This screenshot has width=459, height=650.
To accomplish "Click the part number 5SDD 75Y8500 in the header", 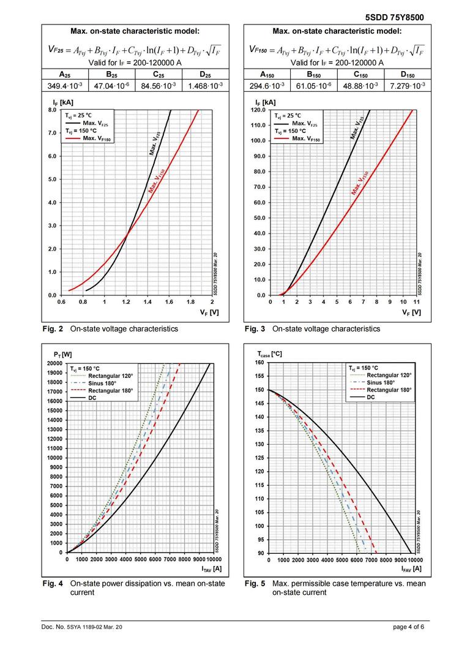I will click(394, 17).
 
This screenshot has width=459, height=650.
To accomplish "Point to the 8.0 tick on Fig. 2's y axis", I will click(52, 110).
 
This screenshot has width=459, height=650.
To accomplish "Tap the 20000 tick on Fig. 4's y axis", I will click(54, 363).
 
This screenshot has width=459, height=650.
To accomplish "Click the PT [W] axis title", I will click(62, 354).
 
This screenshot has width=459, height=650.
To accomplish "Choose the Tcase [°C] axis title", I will click(270, 354).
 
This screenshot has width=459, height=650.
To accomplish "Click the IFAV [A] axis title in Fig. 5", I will click(411, 569).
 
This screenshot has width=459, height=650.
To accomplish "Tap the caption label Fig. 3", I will click(255, 329).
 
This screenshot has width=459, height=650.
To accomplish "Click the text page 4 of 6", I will click(408, 627).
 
